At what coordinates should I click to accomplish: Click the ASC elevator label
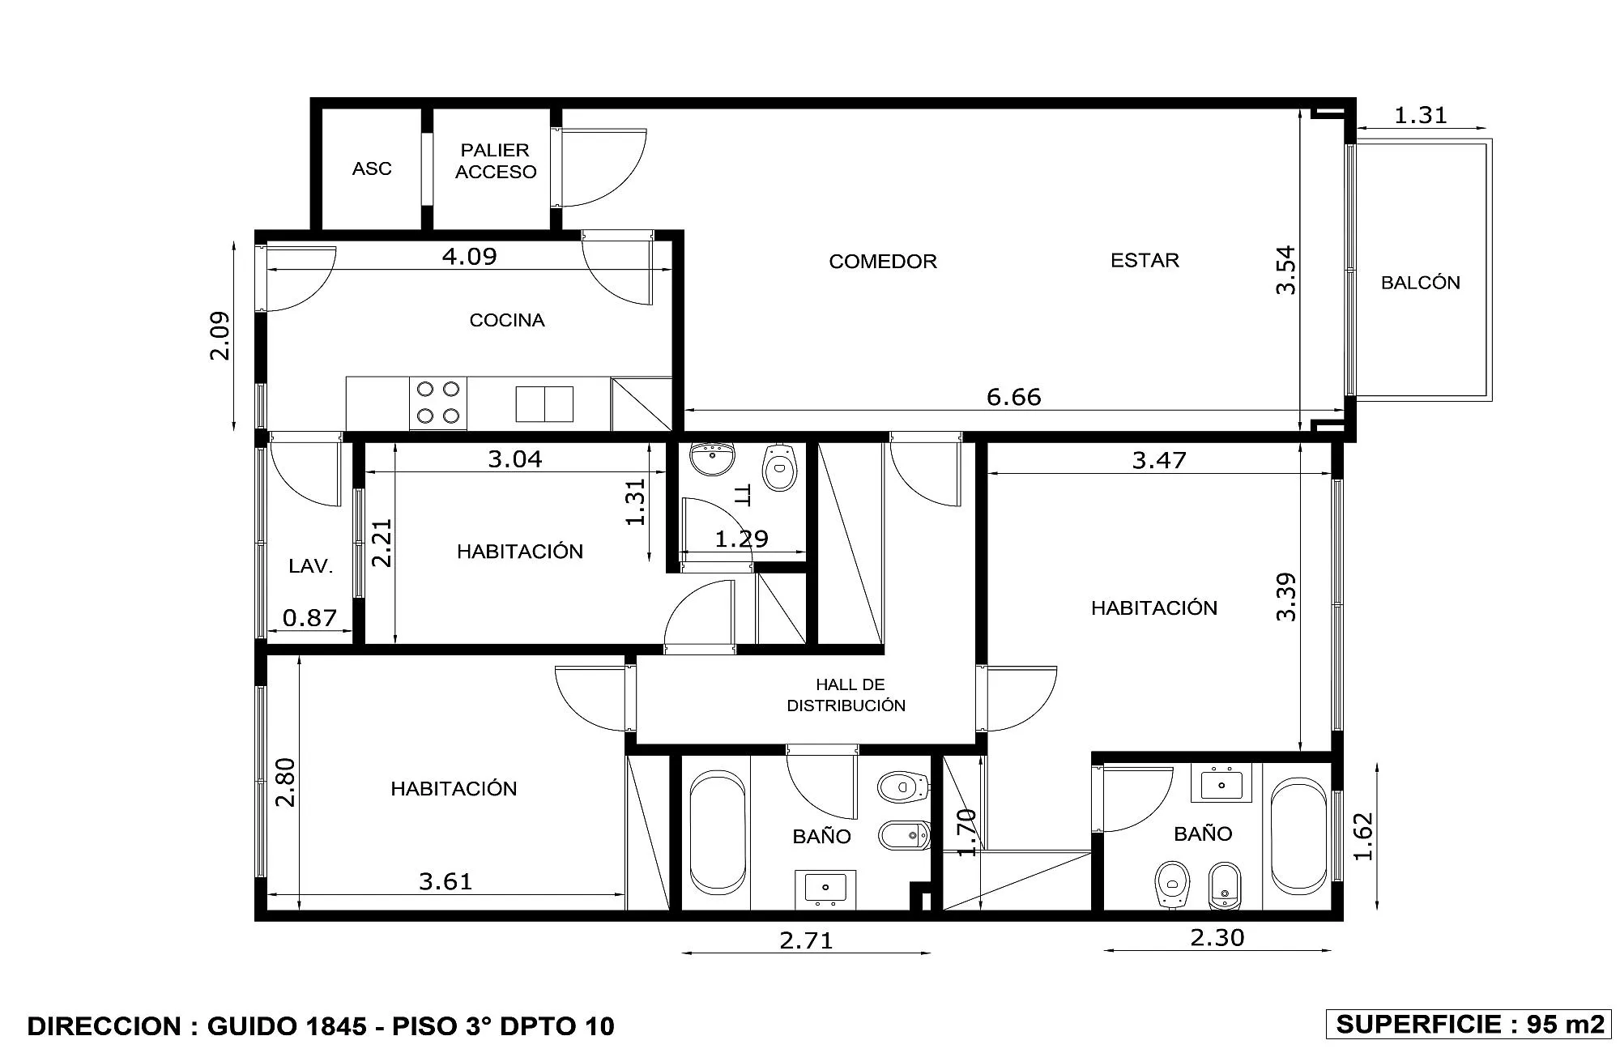(x=372, y=168)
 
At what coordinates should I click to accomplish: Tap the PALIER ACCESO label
(x=496, y=160)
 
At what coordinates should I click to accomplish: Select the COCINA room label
(x=507, y=320)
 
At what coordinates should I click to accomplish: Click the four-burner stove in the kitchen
(x=438, y=403)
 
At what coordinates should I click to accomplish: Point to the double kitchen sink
(x=544, y=404)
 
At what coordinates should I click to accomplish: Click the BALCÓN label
(x=1421, y=283)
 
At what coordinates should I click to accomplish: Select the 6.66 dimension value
(x=1014, y=397)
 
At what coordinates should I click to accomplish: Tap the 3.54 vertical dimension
(x=1285, y=271)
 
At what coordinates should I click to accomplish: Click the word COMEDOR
(x=883, y=261)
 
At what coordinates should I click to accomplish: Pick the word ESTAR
(x=1145, y=260)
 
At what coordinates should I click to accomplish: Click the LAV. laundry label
(x=311, y=566)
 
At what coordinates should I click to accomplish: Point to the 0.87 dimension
(x=309, y=618)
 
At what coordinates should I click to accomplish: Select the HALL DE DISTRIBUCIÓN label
(x=846, y=695)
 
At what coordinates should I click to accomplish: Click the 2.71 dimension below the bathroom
(x=806, y=940)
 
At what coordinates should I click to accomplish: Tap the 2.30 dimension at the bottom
(x=1217, y=937)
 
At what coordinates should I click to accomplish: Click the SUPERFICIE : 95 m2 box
(x=1469, y=1024)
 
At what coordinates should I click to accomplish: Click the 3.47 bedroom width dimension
(x=1159, y=460)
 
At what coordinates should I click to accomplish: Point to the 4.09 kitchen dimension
(x=470, y=256)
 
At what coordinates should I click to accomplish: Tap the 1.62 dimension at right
(x=1363, y=836)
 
